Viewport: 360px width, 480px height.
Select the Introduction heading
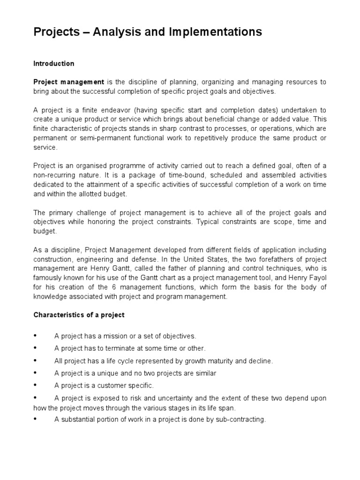point(53,63)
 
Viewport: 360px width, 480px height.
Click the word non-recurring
point(54,175)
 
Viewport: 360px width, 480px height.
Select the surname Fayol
point(317,277)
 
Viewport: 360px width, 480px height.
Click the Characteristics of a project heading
point(79,315)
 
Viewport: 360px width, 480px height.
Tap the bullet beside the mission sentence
point(35,336)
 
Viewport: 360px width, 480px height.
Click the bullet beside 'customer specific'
point(35,385)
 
